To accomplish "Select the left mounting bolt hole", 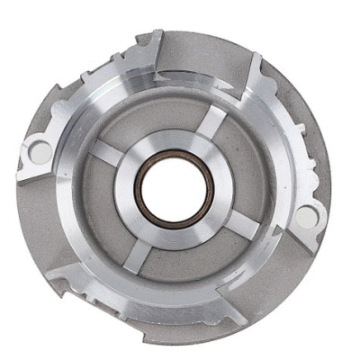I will [x=40, y=152].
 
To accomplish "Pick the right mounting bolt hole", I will [x=306, y=215].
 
